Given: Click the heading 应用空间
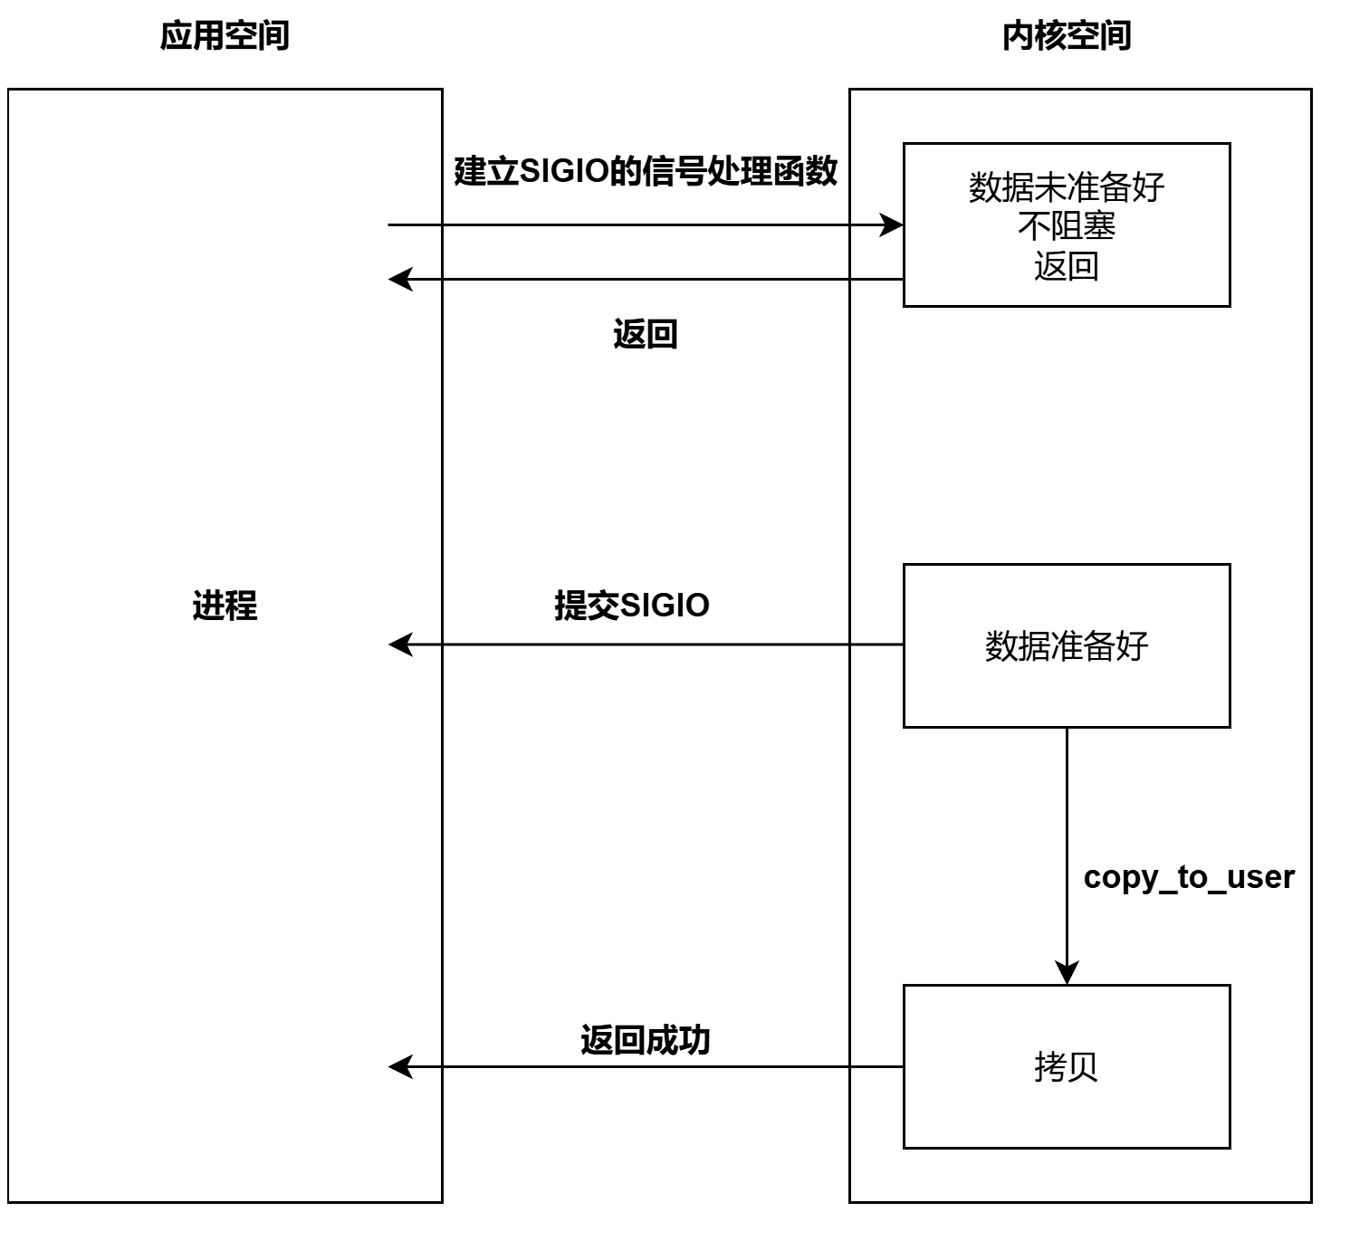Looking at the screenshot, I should coord(225,36).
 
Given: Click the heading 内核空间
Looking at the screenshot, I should coord(1067,36).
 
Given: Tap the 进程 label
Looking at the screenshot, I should coord(225,606).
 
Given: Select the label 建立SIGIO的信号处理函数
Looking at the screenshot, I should coord(646,171).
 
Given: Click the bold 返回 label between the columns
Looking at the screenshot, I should coord(646,334).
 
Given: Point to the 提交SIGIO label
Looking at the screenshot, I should coord(632,606).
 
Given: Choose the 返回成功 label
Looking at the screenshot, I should coord(646,1040).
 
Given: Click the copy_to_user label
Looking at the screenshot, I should coord(1189,877).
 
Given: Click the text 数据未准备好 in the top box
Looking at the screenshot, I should coord(1067,187).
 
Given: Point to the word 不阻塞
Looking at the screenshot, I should coord(1067,226).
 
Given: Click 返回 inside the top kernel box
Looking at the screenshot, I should coord(1067,266).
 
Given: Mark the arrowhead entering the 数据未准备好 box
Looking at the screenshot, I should coord(893,225).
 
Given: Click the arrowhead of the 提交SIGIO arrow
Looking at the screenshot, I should coord(400,645).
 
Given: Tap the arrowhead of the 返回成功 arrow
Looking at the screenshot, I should coord(400,1067).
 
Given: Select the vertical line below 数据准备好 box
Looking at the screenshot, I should coord(1067,842).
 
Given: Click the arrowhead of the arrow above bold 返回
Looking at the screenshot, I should coord(400,280).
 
